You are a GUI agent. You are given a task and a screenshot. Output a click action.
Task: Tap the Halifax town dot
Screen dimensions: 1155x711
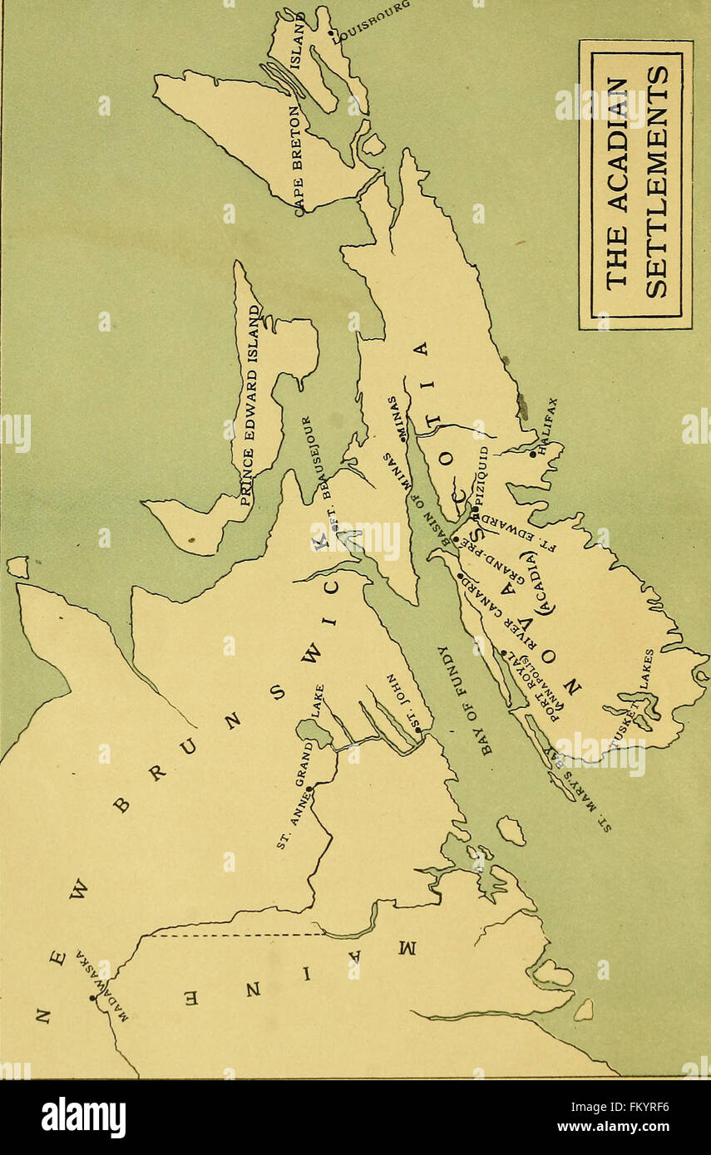(533, 454)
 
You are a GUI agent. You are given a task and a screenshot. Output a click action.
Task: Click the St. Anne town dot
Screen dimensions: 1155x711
(309, 787)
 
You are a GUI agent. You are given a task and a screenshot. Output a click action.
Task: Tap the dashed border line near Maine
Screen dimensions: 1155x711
(241, 935)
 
